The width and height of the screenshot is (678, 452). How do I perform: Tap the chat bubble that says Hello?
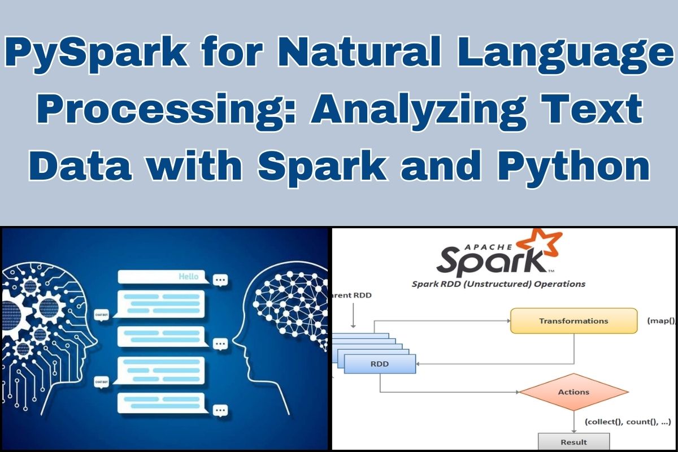point(163,277)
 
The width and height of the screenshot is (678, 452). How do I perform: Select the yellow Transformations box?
point(573,321)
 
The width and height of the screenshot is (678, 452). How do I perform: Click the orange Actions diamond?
point(573,392)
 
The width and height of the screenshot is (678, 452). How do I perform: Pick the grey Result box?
point(573,442)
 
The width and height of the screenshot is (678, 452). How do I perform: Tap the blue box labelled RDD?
point(380,364)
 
